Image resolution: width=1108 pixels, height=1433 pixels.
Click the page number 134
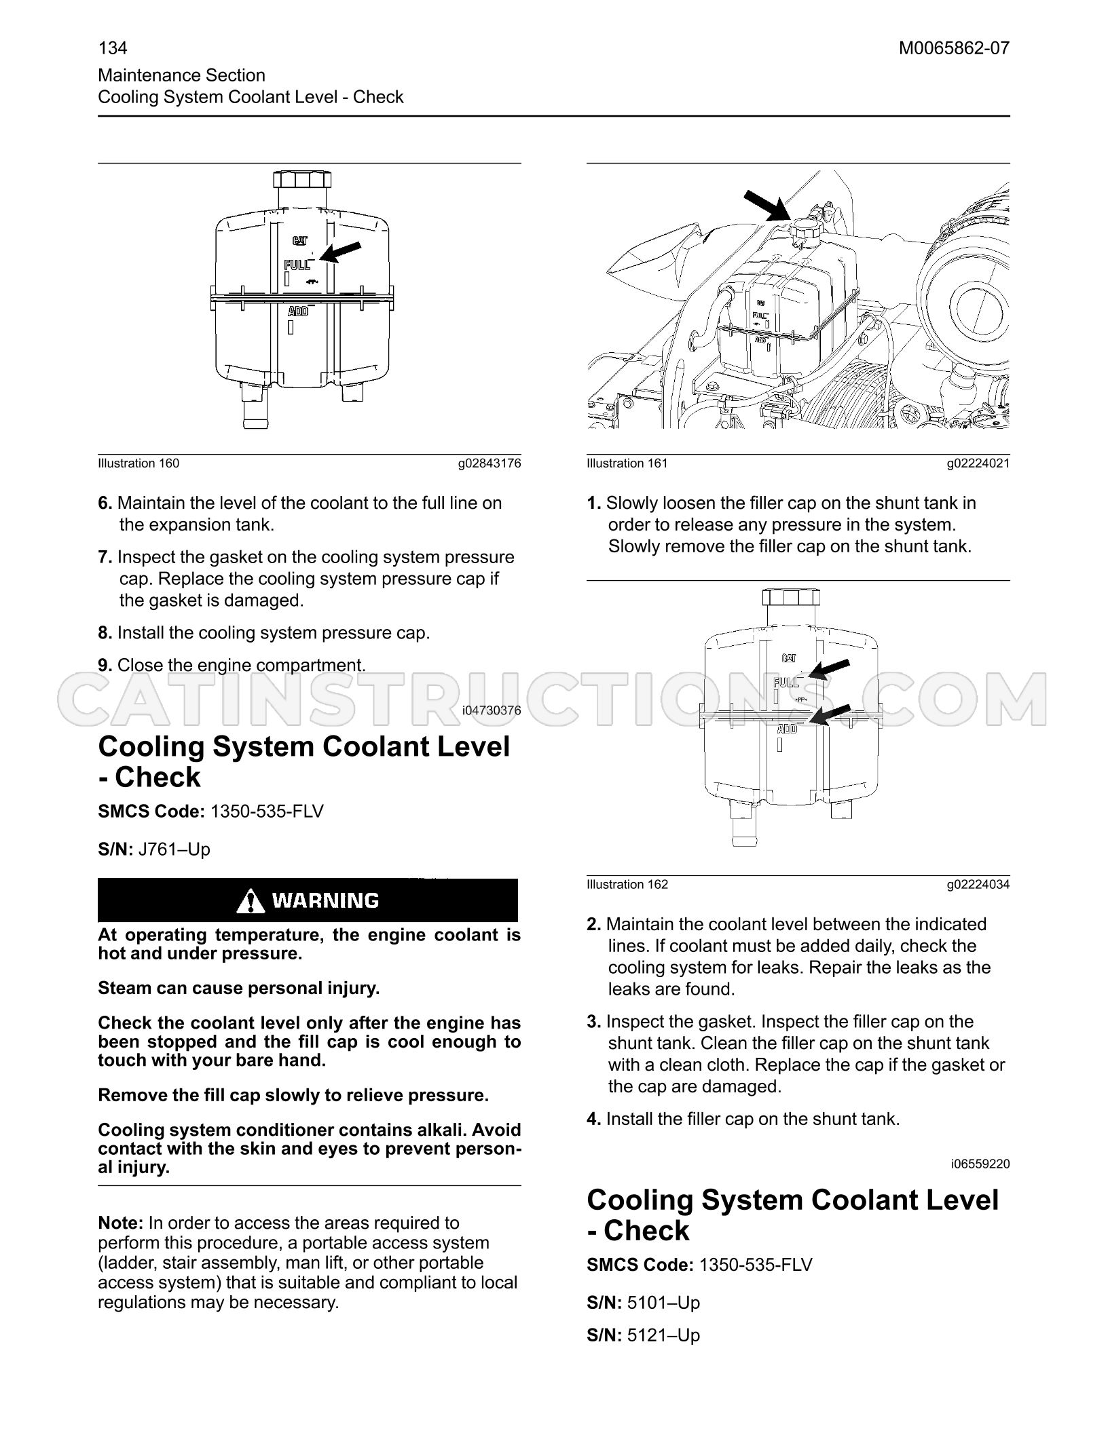113,48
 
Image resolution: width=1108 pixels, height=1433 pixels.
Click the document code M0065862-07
954,48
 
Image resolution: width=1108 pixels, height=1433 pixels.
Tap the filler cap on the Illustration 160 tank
302,180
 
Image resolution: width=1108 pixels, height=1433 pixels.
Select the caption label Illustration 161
627,463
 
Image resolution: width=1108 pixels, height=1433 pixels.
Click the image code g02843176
489,463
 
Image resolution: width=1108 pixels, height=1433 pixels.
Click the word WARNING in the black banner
325,900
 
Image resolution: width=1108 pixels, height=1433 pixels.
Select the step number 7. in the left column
105,558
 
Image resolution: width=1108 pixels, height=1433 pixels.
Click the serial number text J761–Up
174,849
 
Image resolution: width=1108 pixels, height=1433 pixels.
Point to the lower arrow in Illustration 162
831,716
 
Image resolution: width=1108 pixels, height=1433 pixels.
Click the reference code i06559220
980,1164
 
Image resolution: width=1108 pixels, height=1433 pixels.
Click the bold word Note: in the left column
121,1223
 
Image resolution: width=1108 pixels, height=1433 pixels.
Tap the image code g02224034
978,885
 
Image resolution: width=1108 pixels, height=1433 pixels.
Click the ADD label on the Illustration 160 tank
299,311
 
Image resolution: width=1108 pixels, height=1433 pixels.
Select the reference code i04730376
492,710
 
